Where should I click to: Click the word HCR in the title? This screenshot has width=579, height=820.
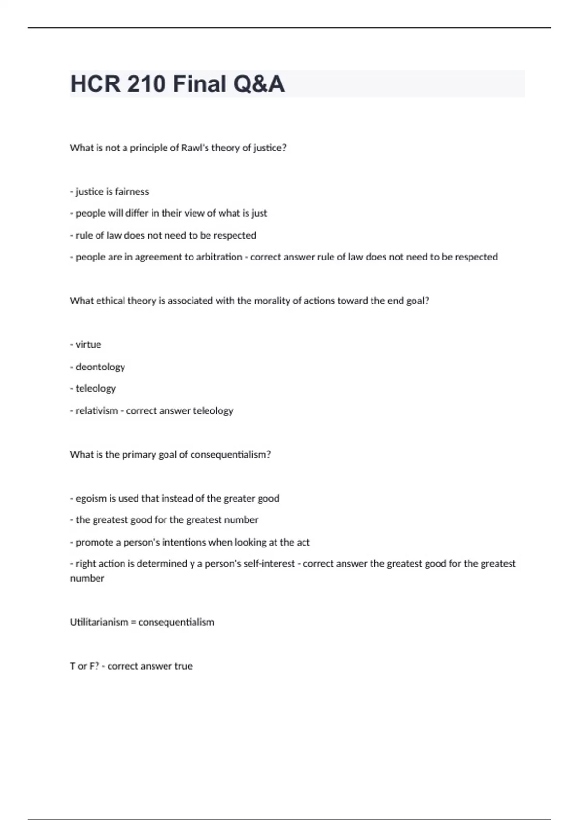95,84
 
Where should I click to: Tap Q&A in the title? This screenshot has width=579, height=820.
259,84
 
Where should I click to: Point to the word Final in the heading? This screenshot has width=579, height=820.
200,84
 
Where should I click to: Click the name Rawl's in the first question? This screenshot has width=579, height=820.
194,148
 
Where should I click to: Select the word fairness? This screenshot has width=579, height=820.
132,192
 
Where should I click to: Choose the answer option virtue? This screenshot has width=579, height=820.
88,345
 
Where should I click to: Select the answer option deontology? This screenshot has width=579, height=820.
100,367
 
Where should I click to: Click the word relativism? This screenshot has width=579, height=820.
96,411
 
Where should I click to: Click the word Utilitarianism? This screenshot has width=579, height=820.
99,622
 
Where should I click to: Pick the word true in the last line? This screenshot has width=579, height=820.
183,666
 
